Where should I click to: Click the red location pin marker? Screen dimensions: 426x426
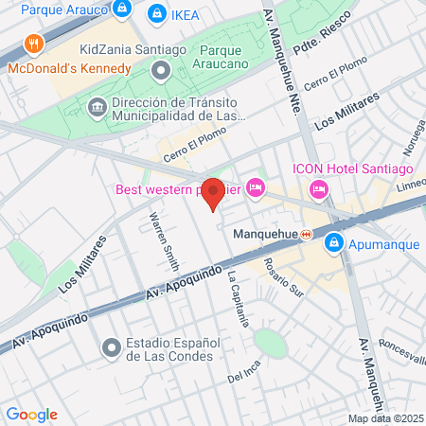[214, 194]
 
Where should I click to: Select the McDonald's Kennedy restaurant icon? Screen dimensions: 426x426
[34, 44]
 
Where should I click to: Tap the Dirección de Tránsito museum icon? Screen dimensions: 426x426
[97, 108]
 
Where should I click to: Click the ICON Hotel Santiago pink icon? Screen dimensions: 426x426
[319, 189]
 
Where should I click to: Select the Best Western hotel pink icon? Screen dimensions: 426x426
[255, 188]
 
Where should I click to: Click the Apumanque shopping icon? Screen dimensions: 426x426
[333, 243]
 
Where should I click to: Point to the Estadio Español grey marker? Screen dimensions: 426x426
[112, 348]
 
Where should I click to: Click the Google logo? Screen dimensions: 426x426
[31, 415]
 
